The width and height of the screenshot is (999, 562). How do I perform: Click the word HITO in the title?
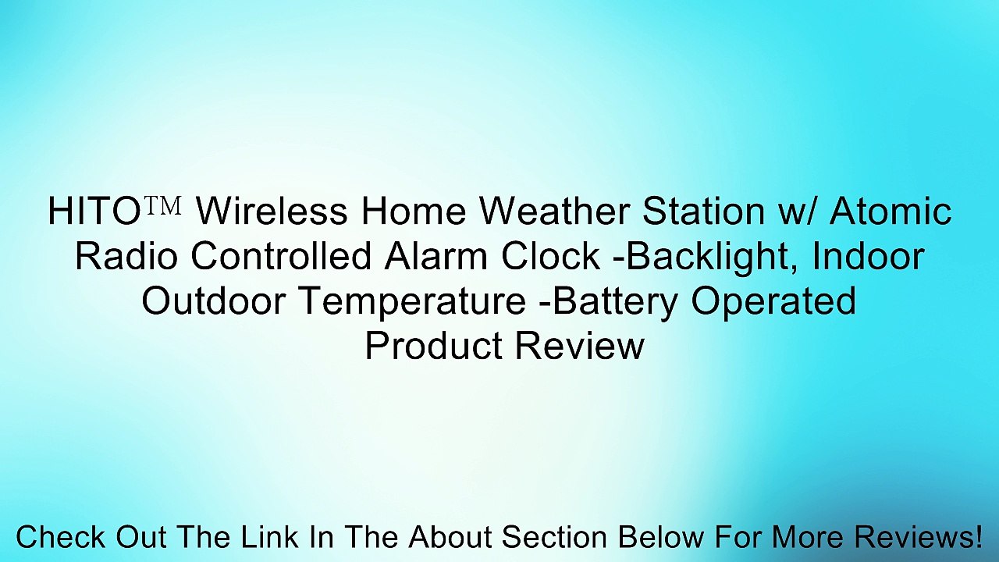[93, 212]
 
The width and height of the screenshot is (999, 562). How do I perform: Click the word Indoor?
[868, 257]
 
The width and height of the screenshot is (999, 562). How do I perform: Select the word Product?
[432, 347]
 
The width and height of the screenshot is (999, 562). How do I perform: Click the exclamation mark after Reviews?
[976, 538]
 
